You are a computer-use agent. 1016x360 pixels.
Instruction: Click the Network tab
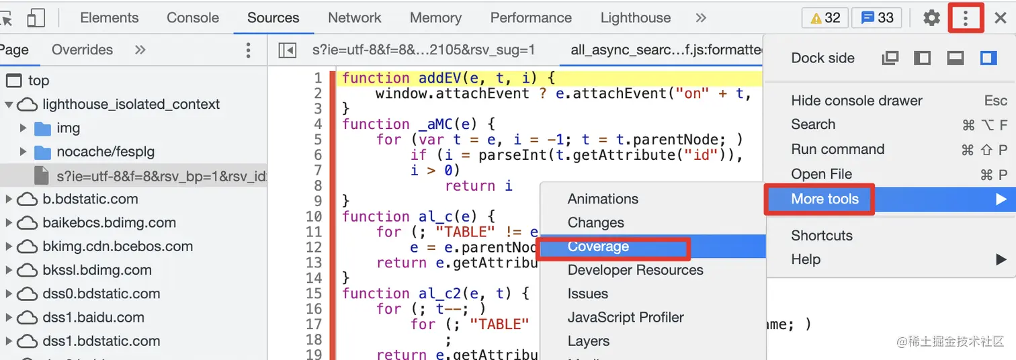point(354,18)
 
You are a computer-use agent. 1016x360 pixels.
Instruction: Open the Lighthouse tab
point(635,18)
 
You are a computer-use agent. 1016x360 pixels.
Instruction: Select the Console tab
point(193,18)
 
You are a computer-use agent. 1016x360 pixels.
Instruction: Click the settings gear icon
point(931,18)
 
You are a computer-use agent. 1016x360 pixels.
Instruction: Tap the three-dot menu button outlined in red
point(966,18)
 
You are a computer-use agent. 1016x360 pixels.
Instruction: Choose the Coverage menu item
point(598,246)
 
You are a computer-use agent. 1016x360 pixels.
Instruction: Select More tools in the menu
point(824,199)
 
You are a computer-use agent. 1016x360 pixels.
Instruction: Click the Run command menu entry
point(837,149)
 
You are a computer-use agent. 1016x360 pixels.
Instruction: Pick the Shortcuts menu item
point(821,236)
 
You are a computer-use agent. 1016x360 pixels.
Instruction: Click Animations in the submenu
point(603,199)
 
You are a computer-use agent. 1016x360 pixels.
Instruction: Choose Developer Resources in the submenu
point(635,270)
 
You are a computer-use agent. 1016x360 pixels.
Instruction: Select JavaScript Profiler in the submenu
point(625,317)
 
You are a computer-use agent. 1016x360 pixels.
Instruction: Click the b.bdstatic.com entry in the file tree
point(90,199)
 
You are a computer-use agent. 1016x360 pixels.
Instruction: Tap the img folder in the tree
point(68,128)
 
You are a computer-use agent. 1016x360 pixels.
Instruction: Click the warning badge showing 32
point(825,18)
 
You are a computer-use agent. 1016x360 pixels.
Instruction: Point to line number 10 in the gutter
point(314,216)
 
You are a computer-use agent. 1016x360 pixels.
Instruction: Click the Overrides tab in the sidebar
point(82,50)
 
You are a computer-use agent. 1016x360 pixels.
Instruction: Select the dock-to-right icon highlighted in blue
point(988,58)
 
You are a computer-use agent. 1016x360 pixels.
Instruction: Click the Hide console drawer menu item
point(856,101)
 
